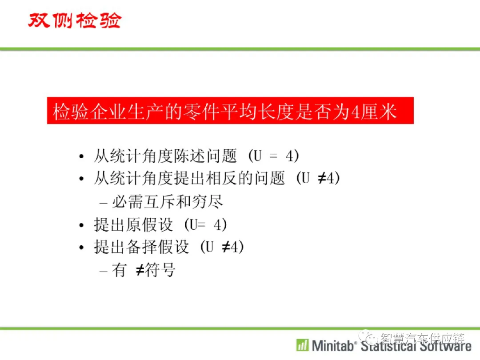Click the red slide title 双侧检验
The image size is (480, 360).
pyautogui.click(x=75, y=20)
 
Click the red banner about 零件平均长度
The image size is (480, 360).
pyautogui.click(x=230, y=111)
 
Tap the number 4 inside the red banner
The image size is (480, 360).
pyautogui.click(x=355, y=112)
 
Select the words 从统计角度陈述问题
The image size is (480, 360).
pyautogui.click(x=165, y=156)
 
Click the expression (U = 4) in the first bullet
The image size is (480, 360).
pyautogui.click(x=273, y=156)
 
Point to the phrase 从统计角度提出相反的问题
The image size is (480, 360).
pyautogui.click(x=189, y=178)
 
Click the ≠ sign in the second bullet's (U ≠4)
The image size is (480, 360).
pyautogui.click(x=322, y=178)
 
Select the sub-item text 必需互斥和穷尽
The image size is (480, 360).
pyautogui.click(x=168, y=202)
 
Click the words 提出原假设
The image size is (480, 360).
pyautogui.click(x=133, y=225)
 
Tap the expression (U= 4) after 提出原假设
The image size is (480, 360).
pyautogui.click(x=205, y=225)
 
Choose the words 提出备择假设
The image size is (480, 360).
pyautogui.click(x=141, y=247)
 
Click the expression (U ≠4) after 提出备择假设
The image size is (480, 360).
pyautogui.click(x=222, y=247)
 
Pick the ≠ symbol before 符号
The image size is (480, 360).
pyautogui.click(x=140, y=270)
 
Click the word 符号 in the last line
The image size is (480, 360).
pyautogui.click(x=160, y=270)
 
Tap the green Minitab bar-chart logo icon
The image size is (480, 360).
pyautogui.click(x=303, y=345)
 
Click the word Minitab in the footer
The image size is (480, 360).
pyautogui.click(x=333, y=346)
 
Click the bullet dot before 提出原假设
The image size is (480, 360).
pyautogui.click(x=81, y=225)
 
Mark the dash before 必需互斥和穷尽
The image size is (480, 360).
pyautogui.click(x=103, y=203)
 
